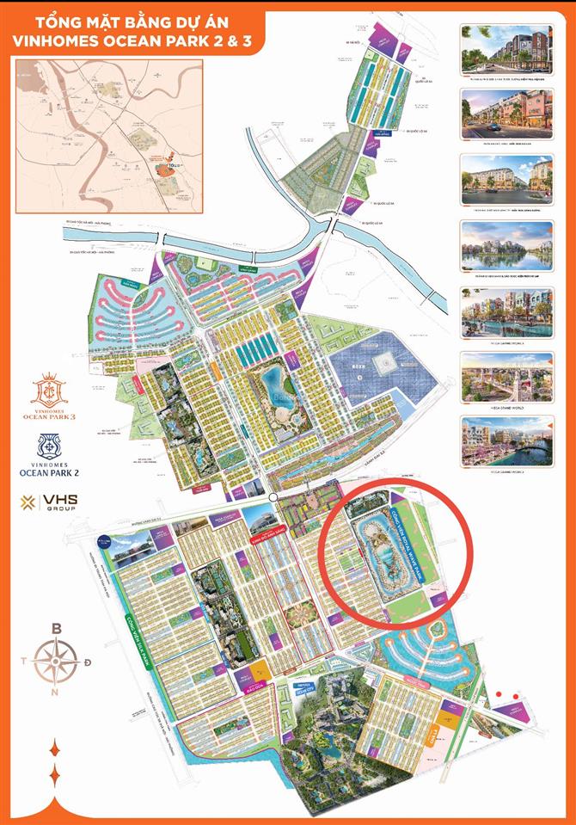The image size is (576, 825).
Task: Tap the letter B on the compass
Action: click(x=57, y=629)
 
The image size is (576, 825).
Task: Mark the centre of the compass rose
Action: click(x=58, y=662)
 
